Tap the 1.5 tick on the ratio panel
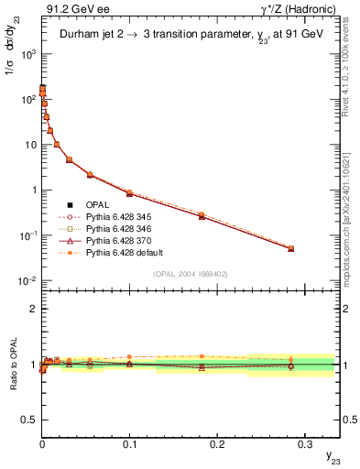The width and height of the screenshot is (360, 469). point(30,336)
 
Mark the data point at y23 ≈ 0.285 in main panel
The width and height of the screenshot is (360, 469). point(291,248)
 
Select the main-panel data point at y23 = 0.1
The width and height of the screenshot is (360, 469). point(129,193)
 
